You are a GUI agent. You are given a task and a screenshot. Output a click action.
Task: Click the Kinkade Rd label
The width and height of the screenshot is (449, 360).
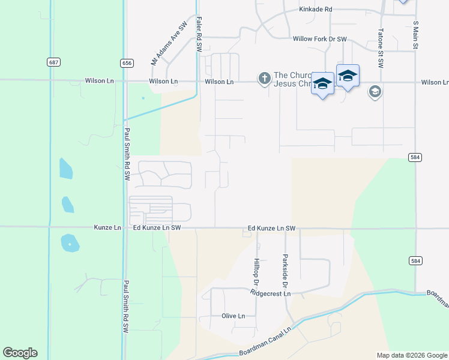coord(316,10)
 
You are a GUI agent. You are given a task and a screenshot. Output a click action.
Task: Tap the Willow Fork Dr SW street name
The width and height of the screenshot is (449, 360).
coord(320,39)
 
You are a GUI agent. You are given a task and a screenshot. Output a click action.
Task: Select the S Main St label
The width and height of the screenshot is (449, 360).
coord(415,36)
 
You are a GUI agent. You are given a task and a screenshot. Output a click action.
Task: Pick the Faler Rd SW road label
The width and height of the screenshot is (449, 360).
coord(198,34)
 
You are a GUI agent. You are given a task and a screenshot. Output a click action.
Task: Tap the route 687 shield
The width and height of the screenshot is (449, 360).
coord(54,62)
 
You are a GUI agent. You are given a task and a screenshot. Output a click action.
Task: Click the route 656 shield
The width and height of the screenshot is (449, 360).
coord(126,62)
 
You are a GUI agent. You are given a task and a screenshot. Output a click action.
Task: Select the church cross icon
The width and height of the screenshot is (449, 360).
coord(264,78)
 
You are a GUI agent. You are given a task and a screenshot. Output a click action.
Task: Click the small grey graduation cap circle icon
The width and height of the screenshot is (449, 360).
coord(375,92)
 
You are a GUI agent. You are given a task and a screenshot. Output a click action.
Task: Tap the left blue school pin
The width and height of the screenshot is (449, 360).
coord(322,84)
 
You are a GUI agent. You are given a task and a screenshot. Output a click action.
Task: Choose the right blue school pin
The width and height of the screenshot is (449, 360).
coord(348,76)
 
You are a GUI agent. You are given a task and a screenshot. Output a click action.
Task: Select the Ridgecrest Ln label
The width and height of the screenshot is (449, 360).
coord(271,293)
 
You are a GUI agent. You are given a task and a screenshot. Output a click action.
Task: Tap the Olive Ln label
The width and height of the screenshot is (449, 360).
coord(234,316)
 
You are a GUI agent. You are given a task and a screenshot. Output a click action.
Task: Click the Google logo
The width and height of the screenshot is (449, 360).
coord(20,353)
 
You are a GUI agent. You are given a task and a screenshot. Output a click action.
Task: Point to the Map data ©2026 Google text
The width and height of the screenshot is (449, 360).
coord(411,355)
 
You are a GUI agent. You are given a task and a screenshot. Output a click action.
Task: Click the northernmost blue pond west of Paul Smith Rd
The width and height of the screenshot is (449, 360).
coord(66,169)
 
